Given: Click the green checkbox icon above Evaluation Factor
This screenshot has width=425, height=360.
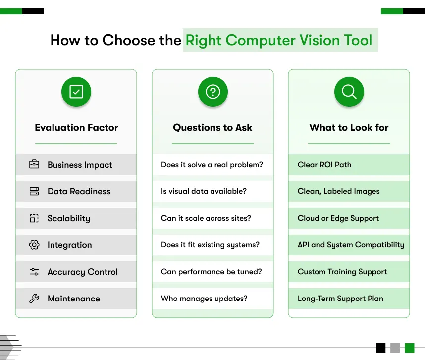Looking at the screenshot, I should [76, 92].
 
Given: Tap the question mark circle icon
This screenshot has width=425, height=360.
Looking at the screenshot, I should [212, 92].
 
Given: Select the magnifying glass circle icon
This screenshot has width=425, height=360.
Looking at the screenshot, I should [349, 92].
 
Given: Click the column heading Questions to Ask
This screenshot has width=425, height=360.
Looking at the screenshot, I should [212, 128].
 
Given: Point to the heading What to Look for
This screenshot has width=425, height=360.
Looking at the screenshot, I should [349, 128].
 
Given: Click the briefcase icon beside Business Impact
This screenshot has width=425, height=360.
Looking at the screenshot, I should [34, 165].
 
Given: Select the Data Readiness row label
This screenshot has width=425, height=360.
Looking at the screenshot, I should [79, 191].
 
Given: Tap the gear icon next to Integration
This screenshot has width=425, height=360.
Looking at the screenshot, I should [34, 245].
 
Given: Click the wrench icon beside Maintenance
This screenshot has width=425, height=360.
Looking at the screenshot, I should [34, 299].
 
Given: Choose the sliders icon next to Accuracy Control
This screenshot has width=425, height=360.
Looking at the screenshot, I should [34, 272].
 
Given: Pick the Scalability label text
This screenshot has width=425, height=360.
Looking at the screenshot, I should [68, 218].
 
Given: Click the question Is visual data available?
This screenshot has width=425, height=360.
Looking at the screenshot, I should [204, 191].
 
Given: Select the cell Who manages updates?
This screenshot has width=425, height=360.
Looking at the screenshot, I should [204, 299].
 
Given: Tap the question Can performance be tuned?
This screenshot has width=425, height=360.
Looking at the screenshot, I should [211, 272].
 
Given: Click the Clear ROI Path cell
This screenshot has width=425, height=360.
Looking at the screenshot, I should [324, 165].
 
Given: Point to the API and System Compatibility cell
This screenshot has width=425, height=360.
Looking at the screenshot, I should [351, 245].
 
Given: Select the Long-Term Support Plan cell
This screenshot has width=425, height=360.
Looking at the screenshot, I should [340, 299].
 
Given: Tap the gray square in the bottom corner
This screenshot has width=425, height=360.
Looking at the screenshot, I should [395, 348].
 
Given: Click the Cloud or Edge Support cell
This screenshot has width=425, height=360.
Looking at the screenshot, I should [338, 218].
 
